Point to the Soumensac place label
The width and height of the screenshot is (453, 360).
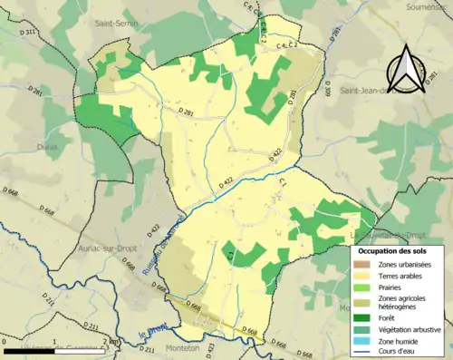coord(431,7)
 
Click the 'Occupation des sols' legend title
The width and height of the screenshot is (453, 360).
coord(398,249)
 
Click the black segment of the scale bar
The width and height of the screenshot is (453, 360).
coord(31,350)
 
